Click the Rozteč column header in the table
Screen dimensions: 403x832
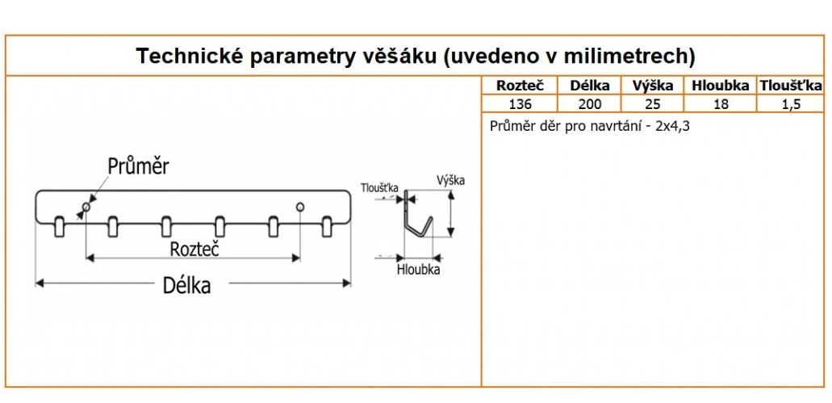(x=521, y=86)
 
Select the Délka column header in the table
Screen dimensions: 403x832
(x=589, y=86)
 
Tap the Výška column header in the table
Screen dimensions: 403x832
(x=653, y=86)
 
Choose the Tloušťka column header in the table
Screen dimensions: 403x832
(x=790, y=86)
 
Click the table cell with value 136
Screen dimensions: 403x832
(x=521, y=103)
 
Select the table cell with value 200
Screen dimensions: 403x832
(x=589, y=103)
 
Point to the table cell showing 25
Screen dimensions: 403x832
(x=653, y=103)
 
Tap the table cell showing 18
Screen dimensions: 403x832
(x=720, y=103)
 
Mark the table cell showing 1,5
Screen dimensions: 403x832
(x=790, y=103)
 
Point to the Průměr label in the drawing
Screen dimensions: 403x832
(x=138, y=166)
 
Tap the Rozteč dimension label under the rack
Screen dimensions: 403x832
(x=194, y=249)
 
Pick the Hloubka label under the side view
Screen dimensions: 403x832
(x=418, y=270)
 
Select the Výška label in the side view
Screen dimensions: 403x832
(x=450, y=180)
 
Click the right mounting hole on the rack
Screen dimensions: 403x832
(x=300, y=208)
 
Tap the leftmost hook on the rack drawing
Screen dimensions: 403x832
(x=59, y=226)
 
